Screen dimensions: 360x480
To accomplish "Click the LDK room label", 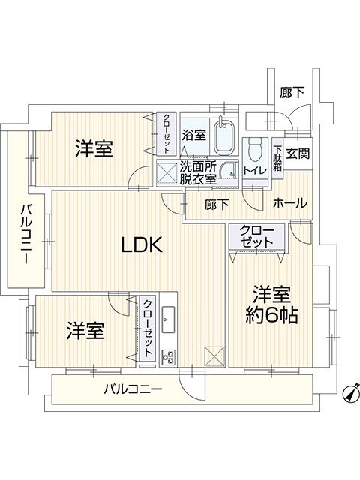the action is point(142,244).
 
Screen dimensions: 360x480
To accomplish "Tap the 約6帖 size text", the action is point(271,316).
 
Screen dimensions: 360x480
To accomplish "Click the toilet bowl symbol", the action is point(255,150).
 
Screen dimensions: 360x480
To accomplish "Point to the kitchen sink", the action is point(168,319).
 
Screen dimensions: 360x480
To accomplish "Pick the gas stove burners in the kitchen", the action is point(168,357).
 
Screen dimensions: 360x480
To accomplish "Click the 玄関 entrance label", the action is point(298,153).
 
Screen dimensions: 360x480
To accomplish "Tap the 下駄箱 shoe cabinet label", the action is point(277,158).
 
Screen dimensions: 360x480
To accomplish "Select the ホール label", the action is point(289,203).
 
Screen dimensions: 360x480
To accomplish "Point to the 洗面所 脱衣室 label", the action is point(198,173).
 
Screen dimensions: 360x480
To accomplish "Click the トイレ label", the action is point(255,171).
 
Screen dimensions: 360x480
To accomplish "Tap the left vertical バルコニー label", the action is point(26,235).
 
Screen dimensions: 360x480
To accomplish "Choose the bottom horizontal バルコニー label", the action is point(133,389).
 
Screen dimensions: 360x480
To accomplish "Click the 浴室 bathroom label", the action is point(193,135).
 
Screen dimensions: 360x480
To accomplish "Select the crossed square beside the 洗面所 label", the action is point(167,173).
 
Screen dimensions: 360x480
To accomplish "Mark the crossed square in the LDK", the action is point(214,356).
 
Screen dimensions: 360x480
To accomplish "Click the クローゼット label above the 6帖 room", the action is point(256,237).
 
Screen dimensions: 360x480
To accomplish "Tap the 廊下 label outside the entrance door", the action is point(292,92).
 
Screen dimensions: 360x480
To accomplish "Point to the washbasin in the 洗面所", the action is point(229,170).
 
